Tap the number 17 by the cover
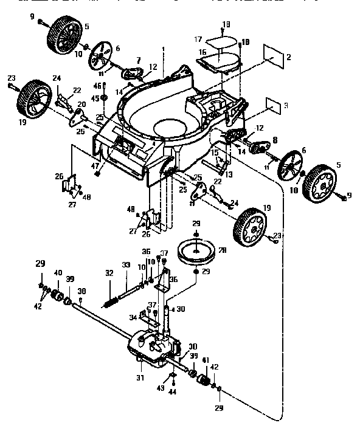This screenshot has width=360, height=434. (198, 40)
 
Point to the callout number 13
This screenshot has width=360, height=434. (229, 174)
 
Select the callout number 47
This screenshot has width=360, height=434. (94, 166)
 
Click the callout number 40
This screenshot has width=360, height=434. (58, 274)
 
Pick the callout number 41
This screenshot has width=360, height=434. (204, 360)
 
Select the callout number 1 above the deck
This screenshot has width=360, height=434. (163, 49)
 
